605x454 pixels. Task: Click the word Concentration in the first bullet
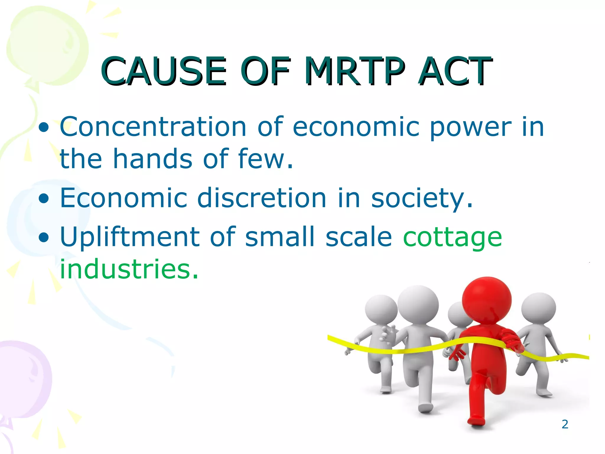tap(153, 127)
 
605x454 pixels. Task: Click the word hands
tap(153, 159)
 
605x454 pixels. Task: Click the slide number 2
tap(565, 424)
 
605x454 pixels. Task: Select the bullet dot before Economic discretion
tap(44, 199)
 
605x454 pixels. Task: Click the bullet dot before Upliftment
tap(44, 237)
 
